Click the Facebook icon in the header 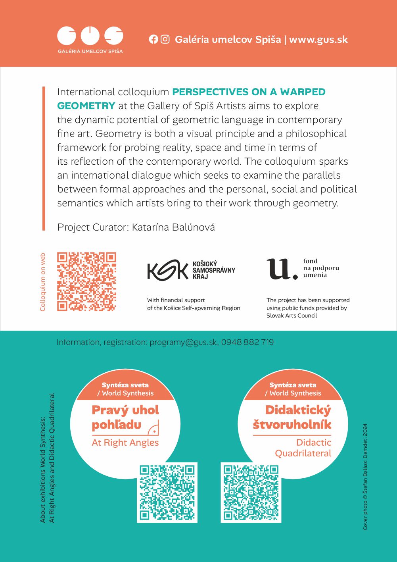(x=153, y=39)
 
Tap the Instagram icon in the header (x=165, y=39)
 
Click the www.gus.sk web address (x=318, y=40)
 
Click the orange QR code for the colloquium (x=86, y=281)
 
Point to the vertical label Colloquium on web (x=43, y=282)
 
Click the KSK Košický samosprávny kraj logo (x=191, y=270)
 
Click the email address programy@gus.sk (x=183, y=342)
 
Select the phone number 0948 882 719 (x=247, y=342)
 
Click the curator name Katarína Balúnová (x=173, y=227)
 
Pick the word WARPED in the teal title (x=303, y=92)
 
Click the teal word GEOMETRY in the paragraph (x=86, y=106)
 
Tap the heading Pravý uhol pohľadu (x=125, y=417)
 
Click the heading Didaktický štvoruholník (x=292, y=417)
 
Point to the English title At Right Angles (x=125, y=443)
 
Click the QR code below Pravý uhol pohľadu (x=167, y=492)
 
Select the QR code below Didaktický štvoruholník (x=251, y=492)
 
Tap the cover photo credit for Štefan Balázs (x=365, y=477)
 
